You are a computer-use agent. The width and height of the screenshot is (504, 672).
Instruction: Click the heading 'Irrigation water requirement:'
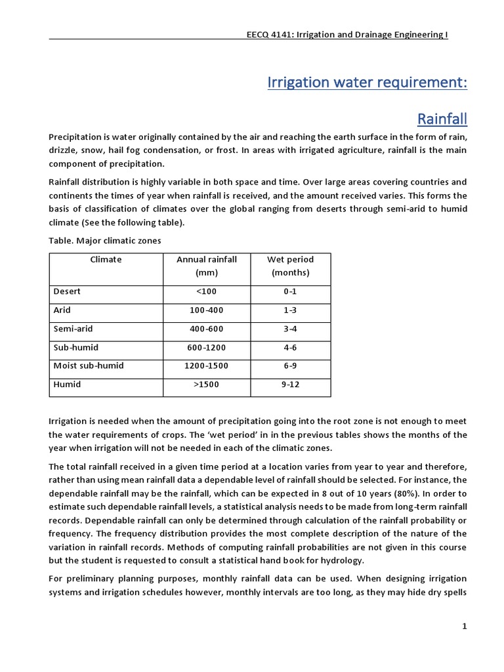tap(367, 83)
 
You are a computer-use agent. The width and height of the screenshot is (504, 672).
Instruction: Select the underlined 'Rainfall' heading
tap(442, 119)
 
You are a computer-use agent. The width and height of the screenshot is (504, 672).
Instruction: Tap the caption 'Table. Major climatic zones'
tap(105, 241)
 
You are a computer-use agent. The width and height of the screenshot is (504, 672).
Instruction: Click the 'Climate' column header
tap(106, 259)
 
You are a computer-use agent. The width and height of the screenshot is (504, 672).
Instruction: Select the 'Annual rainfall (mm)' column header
tap(206, 266)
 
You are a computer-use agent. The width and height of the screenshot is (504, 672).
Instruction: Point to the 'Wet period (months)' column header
tap(290, 266)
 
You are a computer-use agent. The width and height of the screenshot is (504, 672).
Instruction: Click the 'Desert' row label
tap(67, 291)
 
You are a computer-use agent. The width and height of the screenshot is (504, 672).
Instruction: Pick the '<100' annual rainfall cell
tap(206, 291)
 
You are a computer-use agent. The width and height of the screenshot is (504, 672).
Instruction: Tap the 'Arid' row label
tap(62, 310)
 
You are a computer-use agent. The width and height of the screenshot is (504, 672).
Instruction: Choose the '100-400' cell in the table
tap(206, 310)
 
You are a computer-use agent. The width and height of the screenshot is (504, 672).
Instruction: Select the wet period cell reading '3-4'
tap(290, 328)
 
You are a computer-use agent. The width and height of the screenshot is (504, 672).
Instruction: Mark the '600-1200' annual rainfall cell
tap(206, 347)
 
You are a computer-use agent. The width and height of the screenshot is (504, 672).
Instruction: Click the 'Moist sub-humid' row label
tap(88, 366)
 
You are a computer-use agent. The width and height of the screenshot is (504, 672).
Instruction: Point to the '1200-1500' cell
tap(206, 366)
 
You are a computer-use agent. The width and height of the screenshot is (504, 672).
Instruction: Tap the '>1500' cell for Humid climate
tap(206, 384)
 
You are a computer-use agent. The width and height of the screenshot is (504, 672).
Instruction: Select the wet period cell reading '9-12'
tap(290, 384)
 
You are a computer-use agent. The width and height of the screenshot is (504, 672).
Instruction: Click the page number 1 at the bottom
tap(464, 627)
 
